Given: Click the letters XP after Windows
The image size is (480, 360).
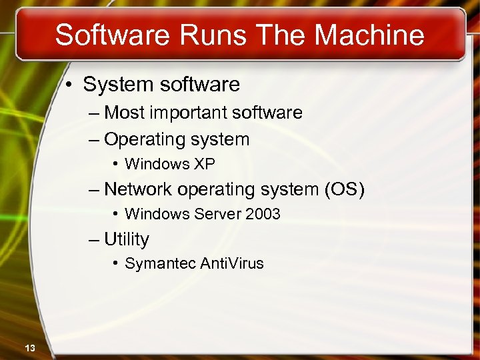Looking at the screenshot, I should coord(205,164).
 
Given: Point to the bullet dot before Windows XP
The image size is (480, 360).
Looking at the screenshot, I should coord(115,164).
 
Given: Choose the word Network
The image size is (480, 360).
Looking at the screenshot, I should coord(138,189).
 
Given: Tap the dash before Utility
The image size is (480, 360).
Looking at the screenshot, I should coord(94,239).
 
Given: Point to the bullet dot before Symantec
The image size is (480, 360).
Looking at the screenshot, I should coord(115,263).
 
